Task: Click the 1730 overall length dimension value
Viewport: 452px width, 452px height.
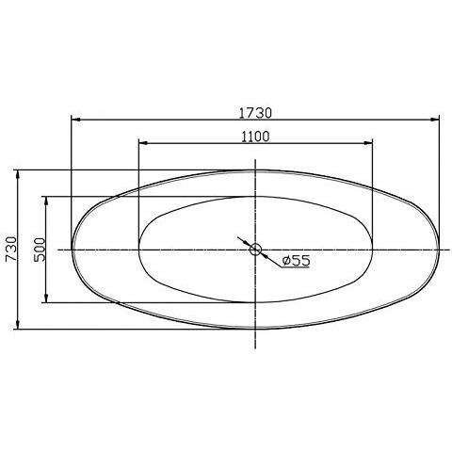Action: coord(254,111)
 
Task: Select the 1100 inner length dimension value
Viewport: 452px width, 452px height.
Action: coord(254,136)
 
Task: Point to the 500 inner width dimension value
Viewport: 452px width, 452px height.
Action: coord(39,250)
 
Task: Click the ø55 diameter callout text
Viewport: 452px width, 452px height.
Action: coord(296,261)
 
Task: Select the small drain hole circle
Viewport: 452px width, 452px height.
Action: coord(255,250)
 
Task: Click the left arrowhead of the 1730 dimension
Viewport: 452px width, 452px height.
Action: coord(75,121)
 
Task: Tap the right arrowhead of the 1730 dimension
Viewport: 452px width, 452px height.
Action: coord(437,121)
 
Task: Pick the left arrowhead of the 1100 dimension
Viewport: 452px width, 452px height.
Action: coord(142,144)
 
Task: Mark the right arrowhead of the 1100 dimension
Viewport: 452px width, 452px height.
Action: coord(370,144)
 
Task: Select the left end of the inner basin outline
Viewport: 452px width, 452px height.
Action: coord(139,250)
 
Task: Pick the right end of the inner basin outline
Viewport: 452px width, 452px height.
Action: coord(374,250)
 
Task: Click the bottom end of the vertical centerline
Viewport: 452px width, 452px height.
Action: coord(255,346)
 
